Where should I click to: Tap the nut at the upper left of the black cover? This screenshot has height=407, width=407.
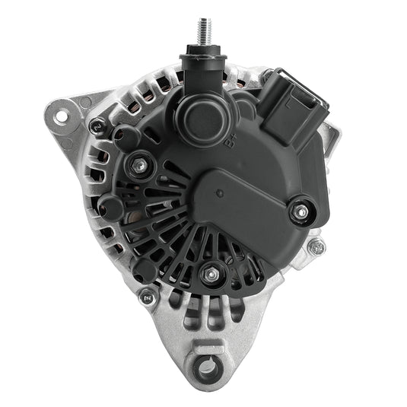139,164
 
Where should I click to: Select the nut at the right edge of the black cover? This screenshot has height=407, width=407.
301,213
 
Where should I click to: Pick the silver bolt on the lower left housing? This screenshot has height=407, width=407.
147,297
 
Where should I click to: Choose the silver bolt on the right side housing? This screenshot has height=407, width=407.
316,246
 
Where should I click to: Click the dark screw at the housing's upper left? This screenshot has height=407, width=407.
96,126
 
